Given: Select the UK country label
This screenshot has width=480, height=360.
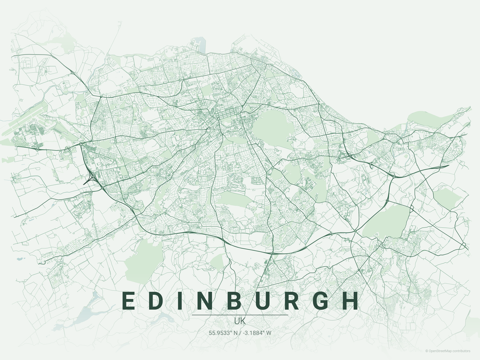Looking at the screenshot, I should (240, 321).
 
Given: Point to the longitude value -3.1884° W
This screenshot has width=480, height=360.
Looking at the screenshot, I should (257, 333).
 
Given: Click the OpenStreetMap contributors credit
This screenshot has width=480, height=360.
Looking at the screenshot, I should (449, 351).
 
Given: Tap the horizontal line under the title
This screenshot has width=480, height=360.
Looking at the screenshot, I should (240, 315).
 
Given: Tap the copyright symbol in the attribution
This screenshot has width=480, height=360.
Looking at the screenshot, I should (427, 351).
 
